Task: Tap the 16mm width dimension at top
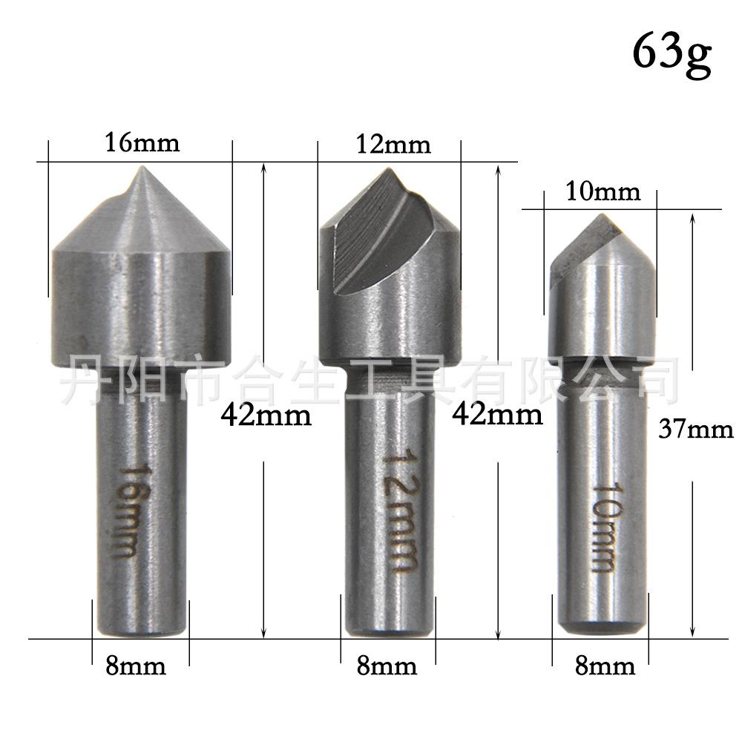click(142, 142)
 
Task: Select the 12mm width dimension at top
click(393, 145)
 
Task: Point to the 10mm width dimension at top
click(603, 191)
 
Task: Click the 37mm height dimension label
click(696, 430)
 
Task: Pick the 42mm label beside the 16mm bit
click(266, 416)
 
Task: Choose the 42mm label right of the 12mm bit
click(497, 415)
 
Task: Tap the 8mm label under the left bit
click(136, 666)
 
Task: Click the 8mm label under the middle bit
click(387, 666)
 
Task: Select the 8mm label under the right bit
click(605, 666)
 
